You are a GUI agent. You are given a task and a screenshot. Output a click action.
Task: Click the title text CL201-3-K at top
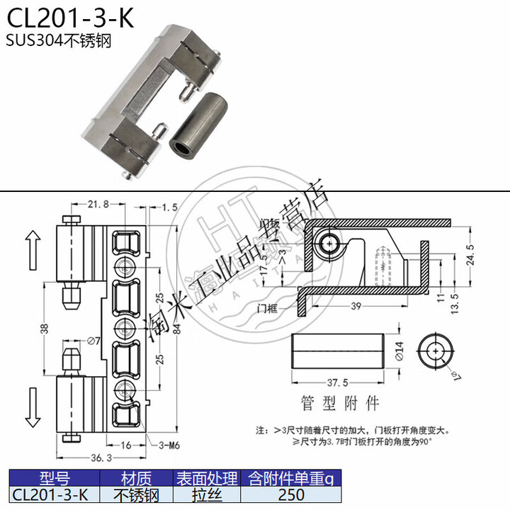tap(70, 17)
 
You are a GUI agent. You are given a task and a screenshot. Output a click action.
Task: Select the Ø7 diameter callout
tap(92, 344)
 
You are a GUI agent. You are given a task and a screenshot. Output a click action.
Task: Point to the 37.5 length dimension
tap(336, 382)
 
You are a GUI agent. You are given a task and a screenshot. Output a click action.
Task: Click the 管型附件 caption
tap(340, 403)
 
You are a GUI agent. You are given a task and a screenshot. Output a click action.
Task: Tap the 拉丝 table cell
tap(206, 494)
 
